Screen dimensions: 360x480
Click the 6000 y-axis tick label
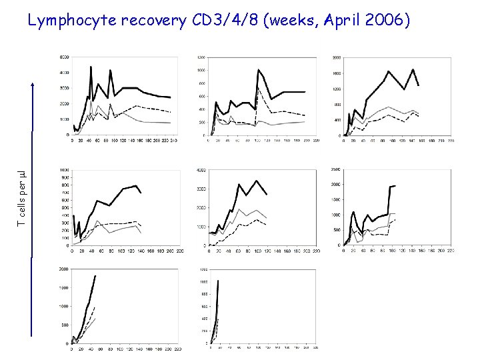pos(64,56)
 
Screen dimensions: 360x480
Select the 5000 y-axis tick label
pos(64,72)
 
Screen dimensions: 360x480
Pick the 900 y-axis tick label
pos(65,177)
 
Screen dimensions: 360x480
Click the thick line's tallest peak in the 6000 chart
pos(91,67)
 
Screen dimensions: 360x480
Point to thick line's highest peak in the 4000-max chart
pos(257,180)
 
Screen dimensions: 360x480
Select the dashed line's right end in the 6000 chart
pos(170,112)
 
